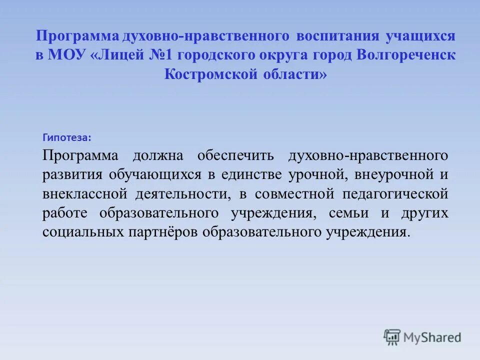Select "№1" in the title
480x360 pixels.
pos(162,55)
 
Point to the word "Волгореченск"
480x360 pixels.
pos(406,55)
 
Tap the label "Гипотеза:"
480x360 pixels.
pos(67,137)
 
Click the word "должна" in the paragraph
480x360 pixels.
pos(158,155)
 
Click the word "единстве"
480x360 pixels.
pos(254,174)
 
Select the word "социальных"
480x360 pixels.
pos(81,232)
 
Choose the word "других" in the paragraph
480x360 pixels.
pos(424,213)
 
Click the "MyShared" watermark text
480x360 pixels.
pos(432,337)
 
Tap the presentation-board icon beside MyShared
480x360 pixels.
pos(392,336)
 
